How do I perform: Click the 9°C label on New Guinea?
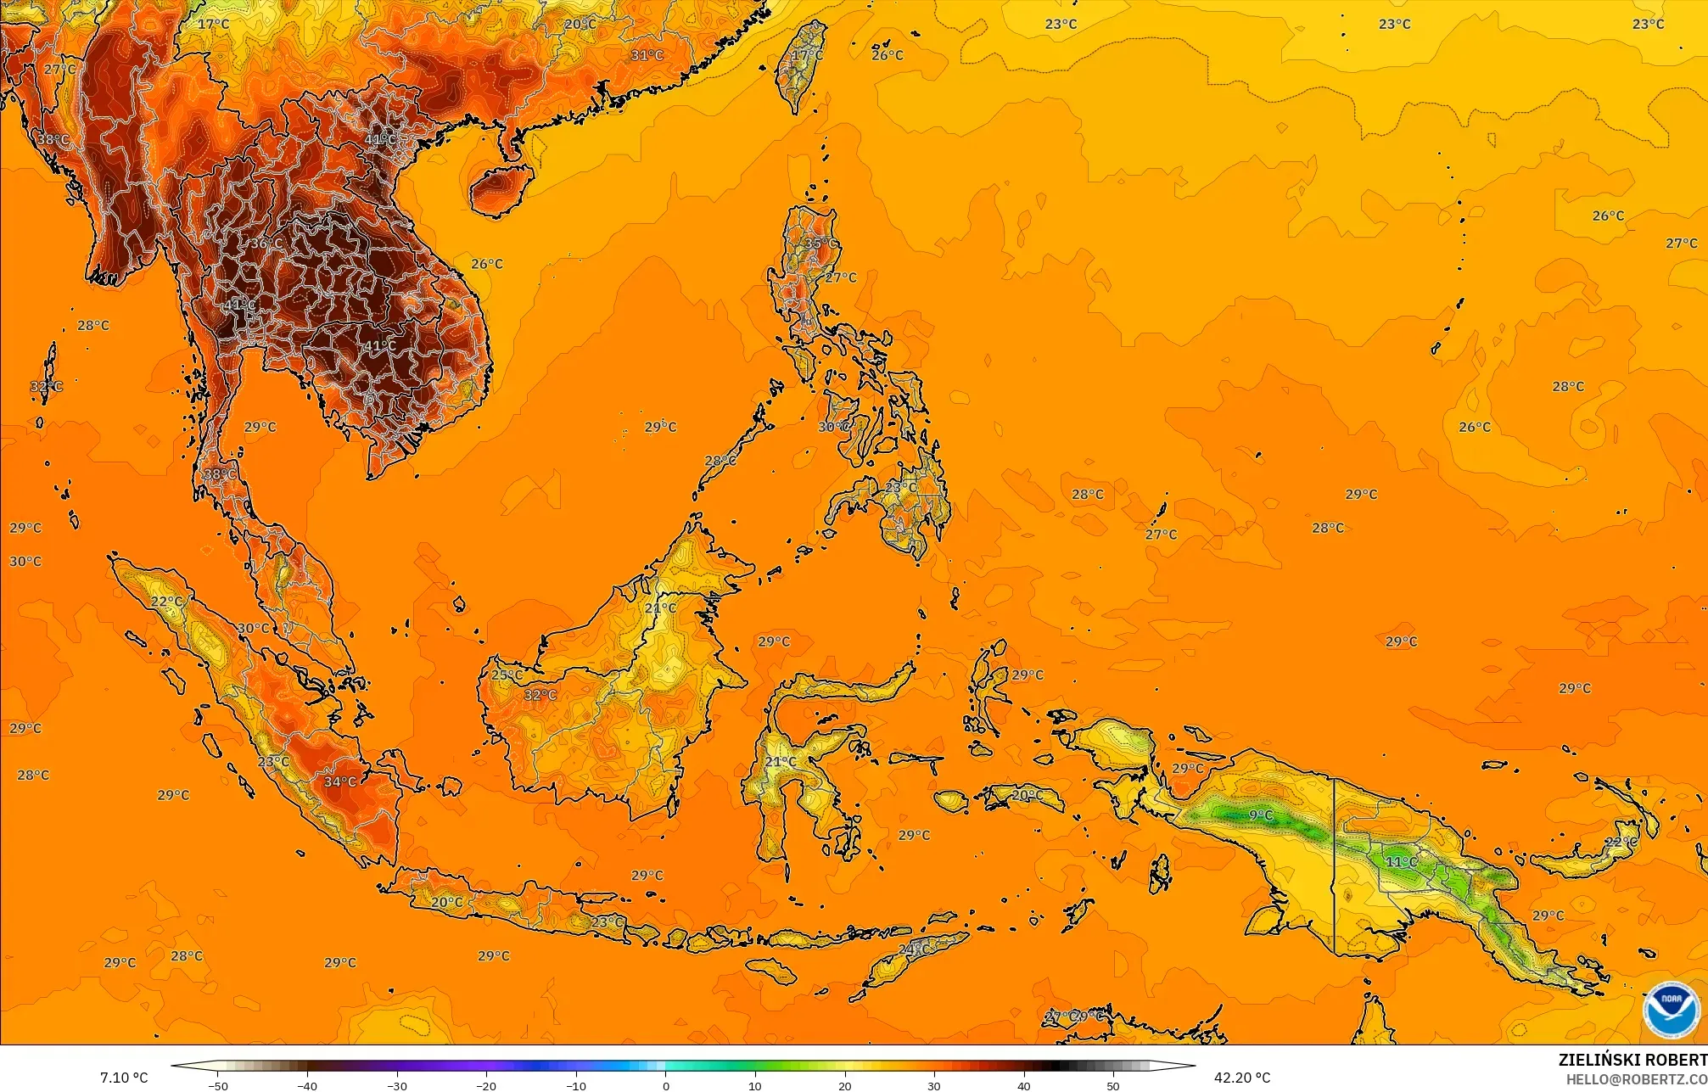coord(1261,815)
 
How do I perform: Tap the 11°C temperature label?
coord(1401,862)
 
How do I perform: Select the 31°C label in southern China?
coord(647,55)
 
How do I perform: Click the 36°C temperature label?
coord(266,244)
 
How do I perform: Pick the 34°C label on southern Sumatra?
coord(340,781)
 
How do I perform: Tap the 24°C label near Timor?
coord(912,948)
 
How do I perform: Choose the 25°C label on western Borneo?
coord(507,675)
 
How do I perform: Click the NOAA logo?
coord(1671,1009)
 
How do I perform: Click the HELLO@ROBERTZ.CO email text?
coord(1636,1078)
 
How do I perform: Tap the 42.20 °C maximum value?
coord(1241,1078)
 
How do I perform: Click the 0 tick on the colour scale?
coord(666,1085)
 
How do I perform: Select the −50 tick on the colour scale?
coord(218,1085)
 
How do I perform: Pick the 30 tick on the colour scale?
coord(934,1085)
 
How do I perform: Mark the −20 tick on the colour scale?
coord(486,1085)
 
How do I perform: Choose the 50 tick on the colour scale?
coord(1113,1085)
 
